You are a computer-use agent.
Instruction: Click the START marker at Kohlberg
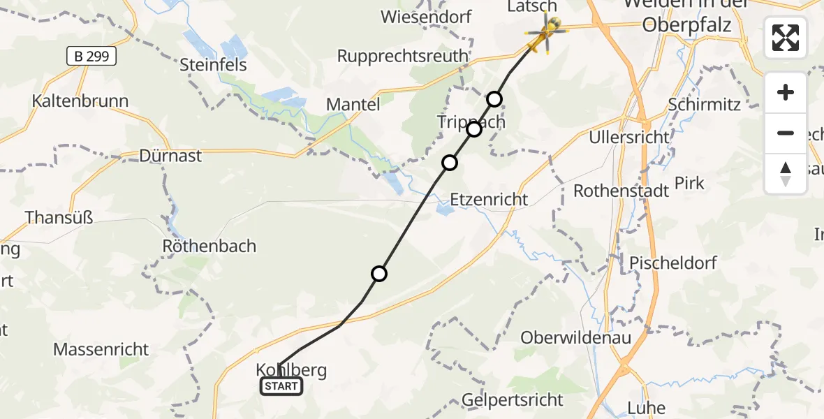tap(281, 386)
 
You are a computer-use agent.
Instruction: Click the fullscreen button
tap(786, 38)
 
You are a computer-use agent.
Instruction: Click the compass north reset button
tap(786, 174)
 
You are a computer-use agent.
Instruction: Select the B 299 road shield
tap(91, 56)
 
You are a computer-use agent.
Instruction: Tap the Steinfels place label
tap(214, 65)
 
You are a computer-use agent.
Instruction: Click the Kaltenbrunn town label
tap(80, 101)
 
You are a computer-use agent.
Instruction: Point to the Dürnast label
tap(170, 155)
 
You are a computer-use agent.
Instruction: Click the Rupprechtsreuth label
tap(402, 56)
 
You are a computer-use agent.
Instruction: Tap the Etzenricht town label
tap(489, 200)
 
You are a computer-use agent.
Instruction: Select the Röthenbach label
tap(209, 246)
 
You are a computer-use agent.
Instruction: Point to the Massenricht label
tap(101, 348)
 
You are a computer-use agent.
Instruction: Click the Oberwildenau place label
tap(576, 338)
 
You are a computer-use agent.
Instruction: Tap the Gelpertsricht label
tap(513, 400)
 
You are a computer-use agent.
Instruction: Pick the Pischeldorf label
tap(673, 263)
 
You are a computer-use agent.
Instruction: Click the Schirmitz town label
tap(704, 104)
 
